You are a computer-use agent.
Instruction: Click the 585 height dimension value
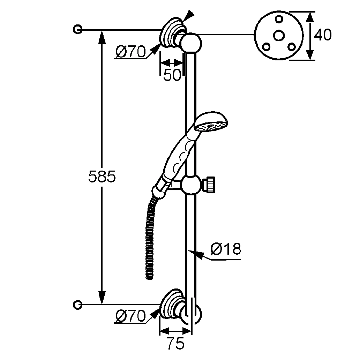tap(102, 177)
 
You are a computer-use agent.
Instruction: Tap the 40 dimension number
tap(323, 35)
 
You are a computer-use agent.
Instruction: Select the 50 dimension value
tap(173, 75)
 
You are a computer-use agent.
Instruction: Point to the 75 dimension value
tap(175, 344)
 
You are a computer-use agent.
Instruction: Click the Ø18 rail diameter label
tap(226, 249)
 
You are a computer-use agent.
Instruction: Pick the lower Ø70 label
tap(130, 316)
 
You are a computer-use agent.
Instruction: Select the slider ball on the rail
tap(191, 184)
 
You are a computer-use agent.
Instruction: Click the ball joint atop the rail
tap(191, 43)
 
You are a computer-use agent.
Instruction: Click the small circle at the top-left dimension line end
tap(78, 29)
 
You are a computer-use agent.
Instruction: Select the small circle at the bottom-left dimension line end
tap(78, 305)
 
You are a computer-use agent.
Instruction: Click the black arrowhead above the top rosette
tap(188, 14)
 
